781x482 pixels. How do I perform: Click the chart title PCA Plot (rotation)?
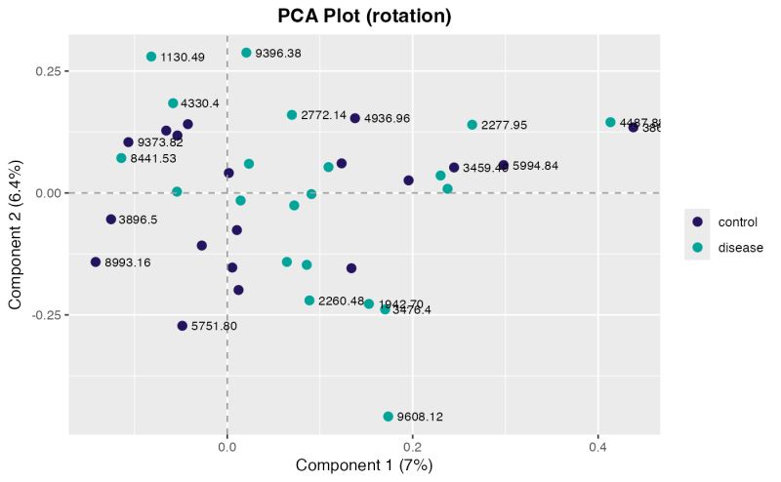point(364,17)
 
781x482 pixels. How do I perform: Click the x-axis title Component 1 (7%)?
point(364,465)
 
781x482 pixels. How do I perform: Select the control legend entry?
point(738,221)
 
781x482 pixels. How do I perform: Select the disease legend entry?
point(740,248)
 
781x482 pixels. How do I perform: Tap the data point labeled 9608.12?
point(388,417)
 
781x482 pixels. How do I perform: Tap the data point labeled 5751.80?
point(182,326)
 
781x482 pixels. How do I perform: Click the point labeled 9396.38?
point(246,53)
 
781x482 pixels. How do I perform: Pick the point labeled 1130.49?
point(151,57)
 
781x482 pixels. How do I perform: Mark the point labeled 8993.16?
point(96,261)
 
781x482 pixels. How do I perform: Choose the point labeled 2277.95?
point(473,125)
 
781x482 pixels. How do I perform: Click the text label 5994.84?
point(535,166)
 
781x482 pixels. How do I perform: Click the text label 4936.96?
point(387,119)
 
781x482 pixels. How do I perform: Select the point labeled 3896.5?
point(111,220)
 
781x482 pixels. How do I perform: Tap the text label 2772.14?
point(323,116)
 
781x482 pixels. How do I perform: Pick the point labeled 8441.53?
point(121,158)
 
